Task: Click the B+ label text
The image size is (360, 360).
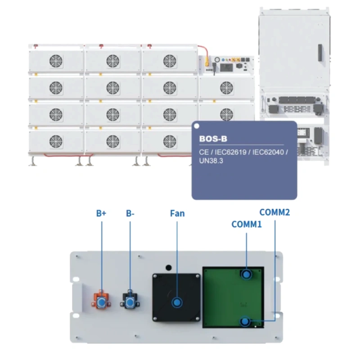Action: (101, 214)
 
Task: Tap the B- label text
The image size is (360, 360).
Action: (130, 214)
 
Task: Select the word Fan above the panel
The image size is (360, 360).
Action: (177, 213)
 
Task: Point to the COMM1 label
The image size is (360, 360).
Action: (246, 224)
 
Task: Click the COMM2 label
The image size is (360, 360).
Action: (274, 212)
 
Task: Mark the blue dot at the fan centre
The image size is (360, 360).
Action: (177, 302)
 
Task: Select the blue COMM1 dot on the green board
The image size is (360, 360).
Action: (246, 274)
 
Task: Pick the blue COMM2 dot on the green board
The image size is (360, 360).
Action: (245, 322)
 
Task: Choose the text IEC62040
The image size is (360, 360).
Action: (268, 153)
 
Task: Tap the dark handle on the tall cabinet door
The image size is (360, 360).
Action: (319, 54)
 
